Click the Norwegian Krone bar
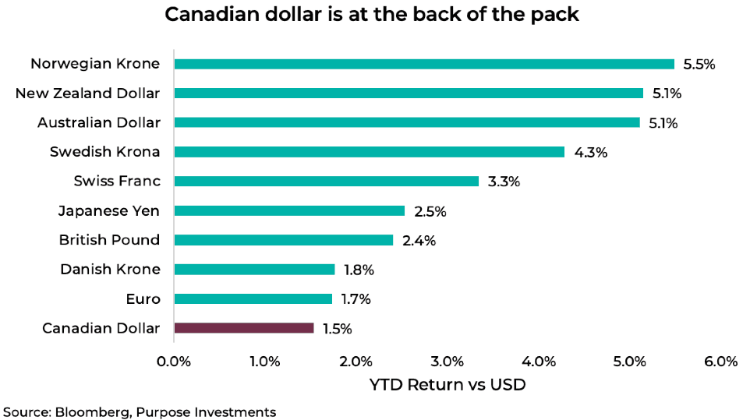click(x=424, y=64)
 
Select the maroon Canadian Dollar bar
click(x=244, y=328)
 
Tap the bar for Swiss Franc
click(x=327, y=181)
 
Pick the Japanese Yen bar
click(x=289, y=210)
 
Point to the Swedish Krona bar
click(x=369, y=152)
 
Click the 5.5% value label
click(x=699, y=65)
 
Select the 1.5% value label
click(x=338, y=329)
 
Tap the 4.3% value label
click(x=590, y=153)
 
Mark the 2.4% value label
click(x=419, y=241)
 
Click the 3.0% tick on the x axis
click(x=448, y=361)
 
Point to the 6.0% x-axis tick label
click(x=720, y=361)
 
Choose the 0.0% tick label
click(x=174, y=361)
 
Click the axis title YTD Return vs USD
click(x=448, y=384)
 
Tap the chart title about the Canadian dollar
click(x=371, y=15)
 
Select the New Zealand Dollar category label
click(x=87, y=94)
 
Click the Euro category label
click(x=143, y=298)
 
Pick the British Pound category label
click(x=109, y=240)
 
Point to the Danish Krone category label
click(x=110, y=270)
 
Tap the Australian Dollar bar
click(x=407, y=122)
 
